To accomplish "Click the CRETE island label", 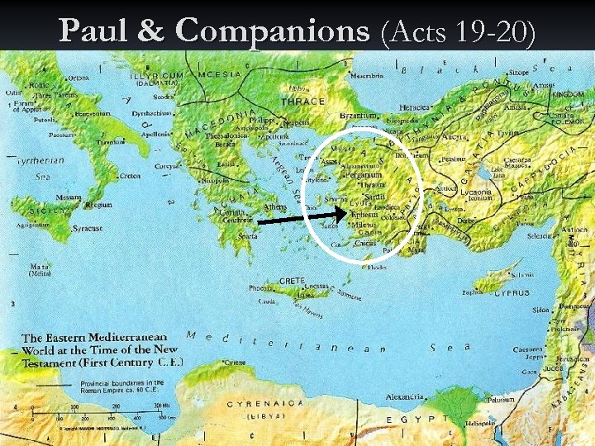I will (293, 282).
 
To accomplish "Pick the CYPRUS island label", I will (512, 293).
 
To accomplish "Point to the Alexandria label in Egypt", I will (406, 396).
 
